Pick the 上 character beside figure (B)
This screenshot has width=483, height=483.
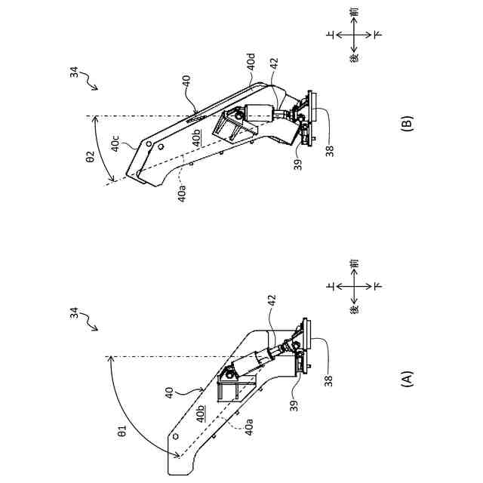point(330,35)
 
